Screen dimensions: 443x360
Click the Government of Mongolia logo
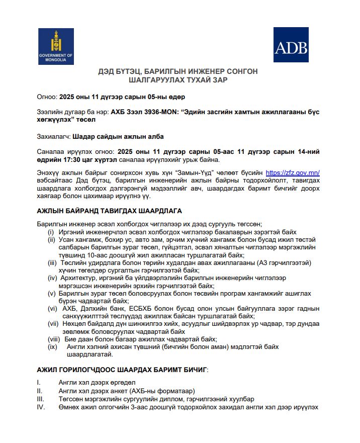pyautogui.click(x=56, y=46)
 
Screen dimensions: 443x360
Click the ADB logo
pyautogui.click(x=291, y=46)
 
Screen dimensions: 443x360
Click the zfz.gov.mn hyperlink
pyautogui.click(x=292, y=173)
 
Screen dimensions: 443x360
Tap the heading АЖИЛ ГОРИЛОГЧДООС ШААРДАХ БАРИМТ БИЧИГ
pyautogui.click(x=122, y=370)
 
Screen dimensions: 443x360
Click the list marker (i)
pyautogui.click(x=51, y=232)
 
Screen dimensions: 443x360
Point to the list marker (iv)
pyautogui.click(x=52, y=278)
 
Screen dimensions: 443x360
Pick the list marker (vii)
pyautogui.click(x=53, y=324)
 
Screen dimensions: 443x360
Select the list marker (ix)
pyautogui.click(x=52, y=347)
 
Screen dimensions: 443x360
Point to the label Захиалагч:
pyautogui.click(x=54, y=136)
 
